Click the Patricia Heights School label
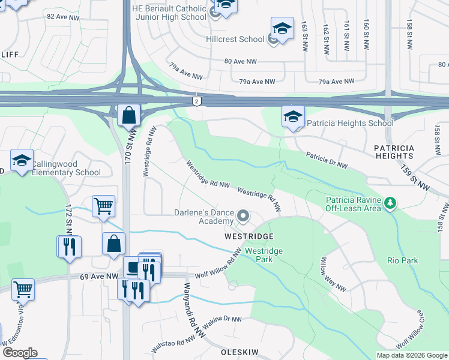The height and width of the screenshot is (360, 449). coord(350,124)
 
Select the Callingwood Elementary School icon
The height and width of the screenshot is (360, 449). coord(22,160)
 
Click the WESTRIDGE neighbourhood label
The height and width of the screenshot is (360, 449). coord(249,237)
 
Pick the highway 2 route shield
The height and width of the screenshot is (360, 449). coord(196,101)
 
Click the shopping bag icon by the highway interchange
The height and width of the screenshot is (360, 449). coord(129,115)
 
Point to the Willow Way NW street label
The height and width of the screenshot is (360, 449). coord(332,274)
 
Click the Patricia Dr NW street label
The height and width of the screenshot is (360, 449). coord(327,160)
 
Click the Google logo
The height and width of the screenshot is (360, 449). coord(19,353)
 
